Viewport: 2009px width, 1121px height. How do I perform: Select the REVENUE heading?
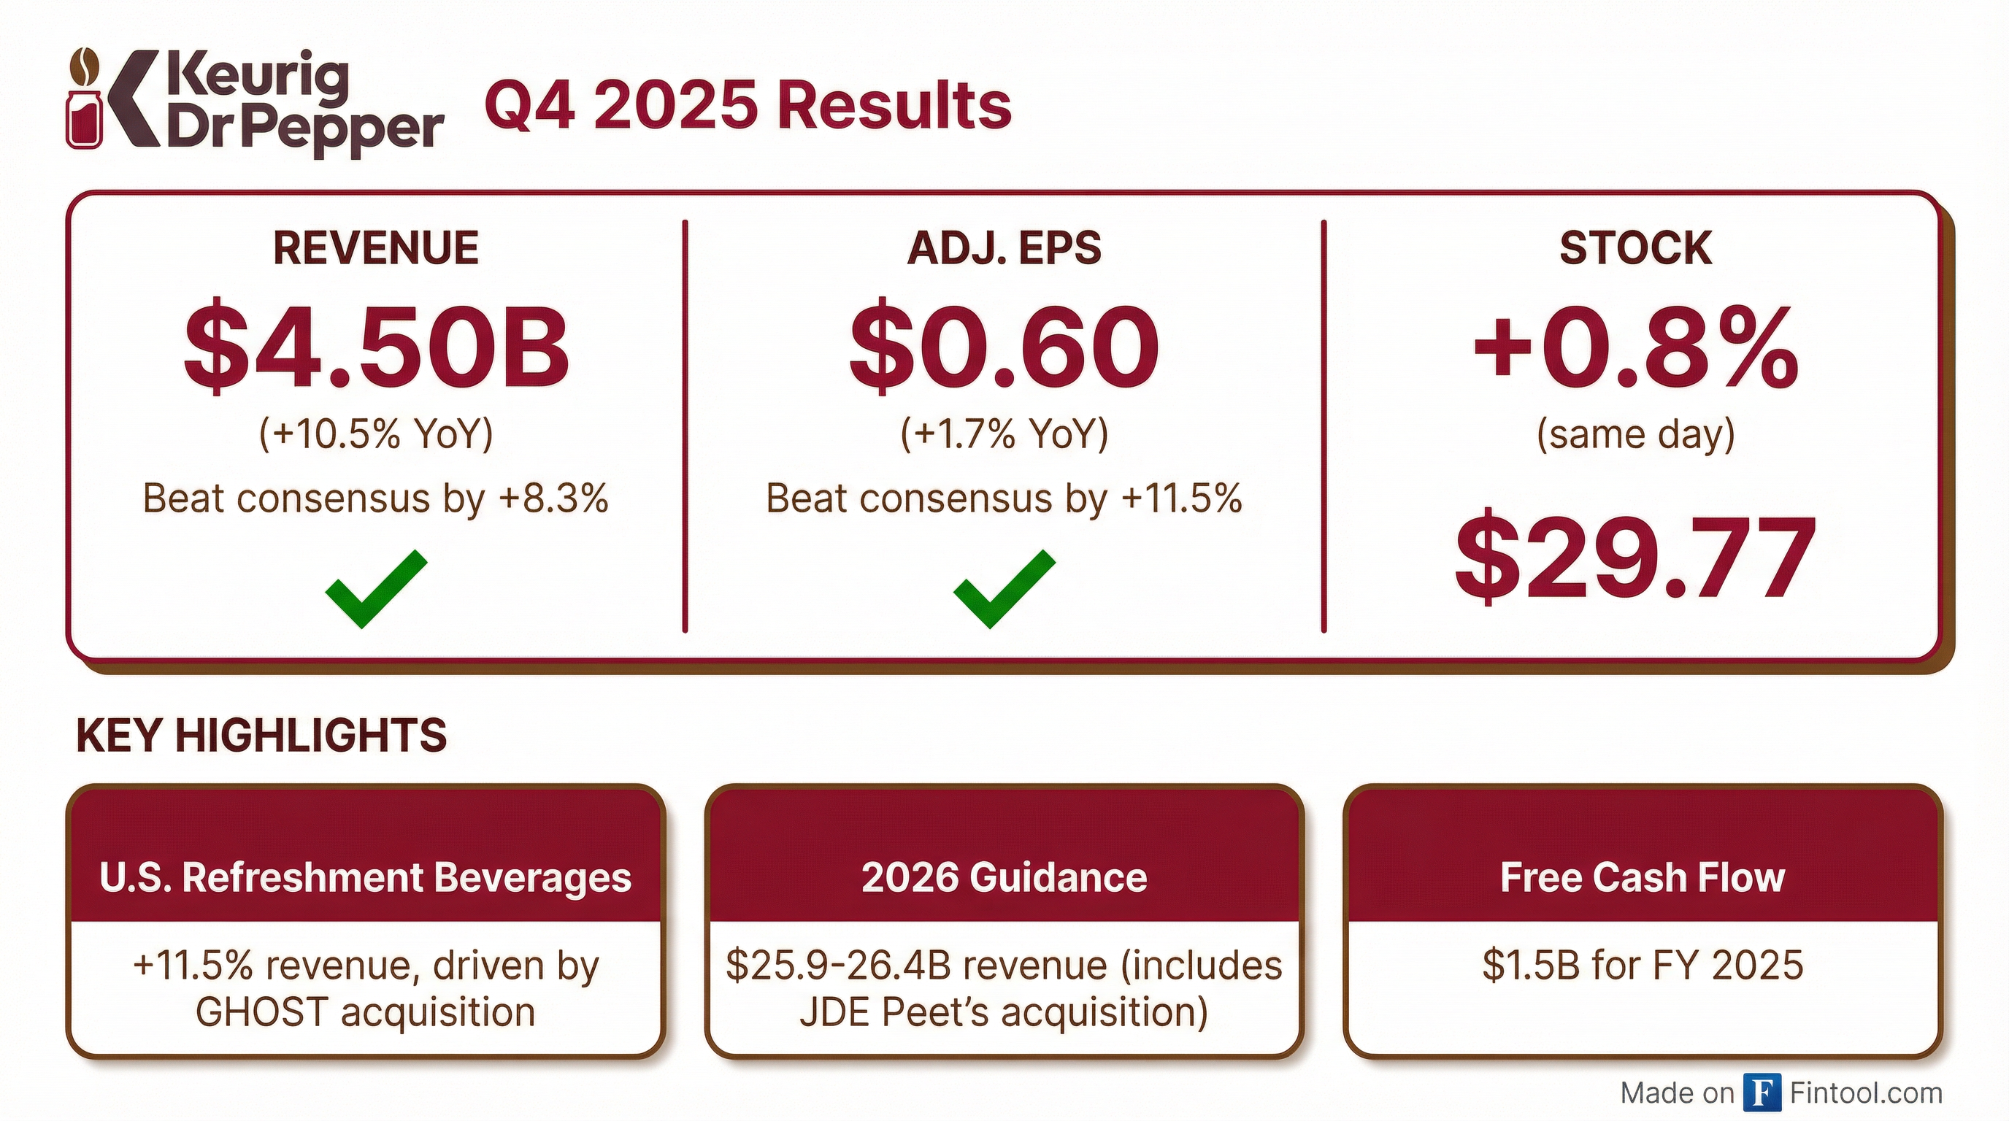click(375, 248)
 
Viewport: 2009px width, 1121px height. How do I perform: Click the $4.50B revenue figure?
click(376, 345)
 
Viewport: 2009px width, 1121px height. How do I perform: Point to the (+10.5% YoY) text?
click(376, 434)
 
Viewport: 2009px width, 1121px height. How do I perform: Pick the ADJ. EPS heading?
click(1004, 248)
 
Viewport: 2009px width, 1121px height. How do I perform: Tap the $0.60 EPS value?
click(1004, 345)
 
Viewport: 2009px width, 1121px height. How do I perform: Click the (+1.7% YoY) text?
click(1004, 434)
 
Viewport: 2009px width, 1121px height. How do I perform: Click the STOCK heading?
click(1635, 248)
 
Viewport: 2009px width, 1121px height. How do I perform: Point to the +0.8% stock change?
click(1635, 345)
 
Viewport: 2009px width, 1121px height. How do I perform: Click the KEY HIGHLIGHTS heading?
click(261, 735)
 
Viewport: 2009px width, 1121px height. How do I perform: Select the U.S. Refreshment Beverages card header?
click(365, 877)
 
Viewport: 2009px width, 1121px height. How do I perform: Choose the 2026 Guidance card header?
click(1004, 877)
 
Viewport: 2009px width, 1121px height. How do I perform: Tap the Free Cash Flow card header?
click(1643, 877)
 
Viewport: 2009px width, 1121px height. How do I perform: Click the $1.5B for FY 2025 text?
click(1643, 965)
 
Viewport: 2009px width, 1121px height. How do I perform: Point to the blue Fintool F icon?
click(1762, 1093)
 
